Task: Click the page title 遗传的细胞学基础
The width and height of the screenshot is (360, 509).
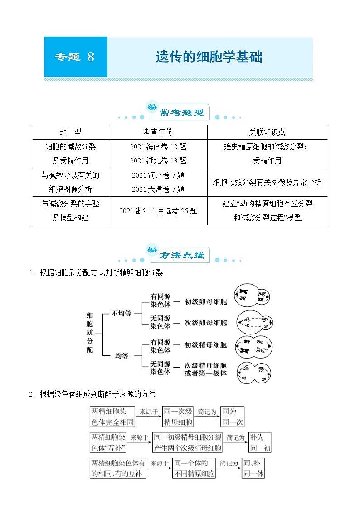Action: pyautogui.click(x=209, y=57)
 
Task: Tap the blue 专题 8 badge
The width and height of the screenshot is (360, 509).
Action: pyautogui.click(x=75, y=57)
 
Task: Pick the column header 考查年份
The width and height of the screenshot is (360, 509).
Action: pyautogui.click(x=158, y=132)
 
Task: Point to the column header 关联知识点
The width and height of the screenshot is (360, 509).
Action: pyautogui.click(x=267, y=132)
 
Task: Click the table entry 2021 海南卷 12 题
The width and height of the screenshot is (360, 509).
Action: pyautogui.click(x=158, y=146)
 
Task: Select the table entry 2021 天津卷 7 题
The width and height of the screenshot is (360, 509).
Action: pyautogui.click(x=158, y=189)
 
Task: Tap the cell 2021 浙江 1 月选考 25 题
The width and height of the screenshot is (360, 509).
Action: pyautogui.click(x=158, y=211)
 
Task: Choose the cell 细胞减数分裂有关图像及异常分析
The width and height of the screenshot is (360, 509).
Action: pyautogui.click(x=267, y=182)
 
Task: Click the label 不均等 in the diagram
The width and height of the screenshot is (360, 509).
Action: pyautogui.click(x=122, y=313)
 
